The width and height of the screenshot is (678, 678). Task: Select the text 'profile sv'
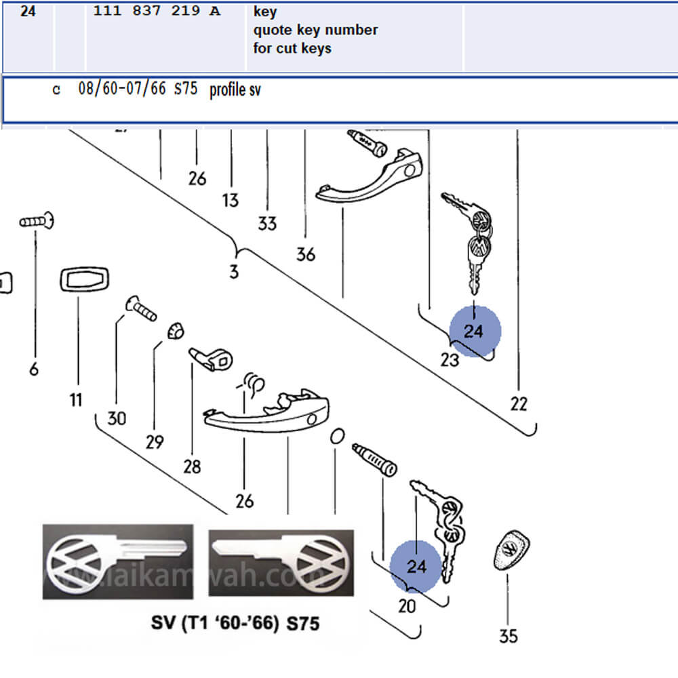(235, 90)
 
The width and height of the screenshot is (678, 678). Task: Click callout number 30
(117, 418)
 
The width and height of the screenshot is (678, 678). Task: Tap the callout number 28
(192, 466)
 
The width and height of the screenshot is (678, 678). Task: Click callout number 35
(508, 636)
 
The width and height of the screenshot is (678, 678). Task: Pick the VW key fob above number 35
(512, 551)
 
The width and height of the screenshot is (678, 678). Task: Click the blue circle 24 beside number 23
(475, 332)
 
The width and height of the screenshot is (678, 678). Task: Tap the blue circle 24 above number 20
(416, 566)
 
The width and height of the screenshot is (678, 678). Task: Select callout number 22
(519, 404)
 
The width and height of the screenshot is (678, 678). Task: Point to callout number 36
(306, 254)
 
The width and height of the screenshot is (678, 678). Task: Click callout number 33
(268, 223)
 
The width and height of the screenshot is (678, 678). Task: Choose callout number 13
(231, 200)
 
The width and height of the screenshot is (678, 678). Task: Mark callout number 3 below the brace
(234, 273)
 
